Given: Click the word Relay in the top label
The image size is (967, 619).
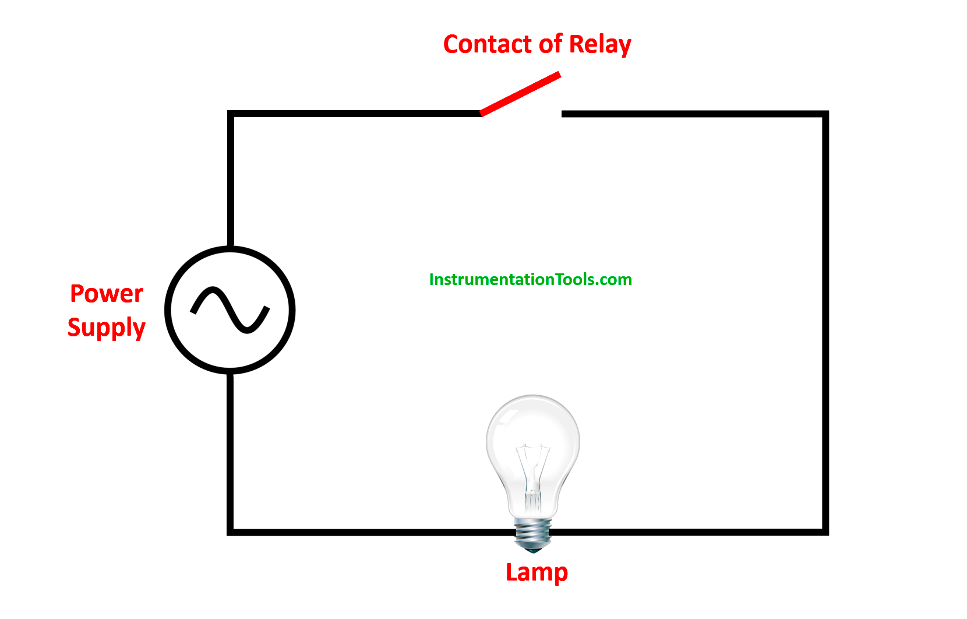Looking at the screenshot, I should click(x=599, y=45).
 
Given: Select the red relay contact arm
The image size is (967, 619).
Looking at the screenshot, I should click(x=520, y=94).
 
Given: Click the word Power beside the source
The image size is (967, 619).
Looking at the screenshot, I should click(x=107, y=294).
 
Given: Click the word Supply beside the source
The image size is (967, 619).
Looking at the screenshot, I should click(x=106, y=328).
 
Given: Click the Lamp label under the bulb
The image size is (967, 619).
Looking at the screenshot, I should click(x=537, y=572).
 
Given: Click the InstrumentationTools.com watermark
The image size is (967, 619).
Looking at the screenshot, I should click(x=530, y=280).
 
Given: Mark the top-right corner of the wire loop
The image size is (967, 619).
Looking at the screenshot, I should click(x=825, y=114).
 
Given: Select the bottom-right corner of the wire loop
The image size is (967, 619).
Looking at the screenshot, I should click(x=825, y=532).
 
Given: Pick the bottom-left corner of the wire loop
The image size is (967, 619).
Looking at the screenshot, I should click(x=231, y=532).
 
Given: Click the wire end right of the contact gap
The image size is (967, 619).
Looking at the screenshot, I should click(x=564, y=114).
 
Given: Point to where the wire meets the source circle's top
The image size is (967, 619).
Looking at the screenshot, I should click(x=231, y=247).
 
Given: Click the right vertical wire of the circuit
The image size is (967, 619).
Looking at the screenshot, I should click(x=825, y=321).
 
